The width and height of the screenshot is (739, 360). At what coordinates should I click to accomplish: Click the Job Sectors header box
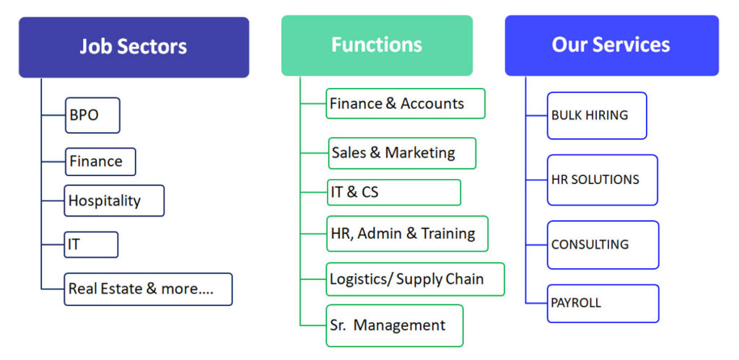[x=134, y=47]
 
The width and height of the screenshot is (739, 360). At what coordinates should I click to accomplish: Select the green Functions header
[x=377, y=45]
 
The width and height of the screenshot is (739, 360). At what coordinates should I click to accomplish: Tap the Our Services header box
[x=612, y=45]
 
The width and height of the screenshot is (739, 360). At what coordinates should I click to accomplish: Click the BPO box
[x=92, y=115]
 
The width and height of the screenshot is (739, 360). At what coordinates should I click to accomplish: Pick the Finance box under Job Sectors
[x=100, y=162]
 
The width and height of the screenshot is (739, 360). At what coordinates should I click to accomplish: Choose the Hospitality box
[x=114, y=201]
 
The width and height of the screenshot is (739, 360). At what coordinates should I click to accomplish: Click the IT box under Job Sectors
[x=91, y=245]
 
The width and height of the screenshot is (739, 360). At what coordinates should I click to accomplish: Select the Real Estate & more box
[x=148, y=289]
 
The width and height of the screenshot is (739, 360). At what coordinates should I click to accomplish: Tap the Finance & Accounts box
[x=406, y=104]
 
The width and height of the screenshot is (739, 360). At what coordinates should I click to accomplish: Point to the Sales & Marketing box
[x=402, y=153]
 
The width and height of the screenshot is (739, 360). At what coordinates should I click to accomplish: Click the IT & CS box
[x=394, y=192]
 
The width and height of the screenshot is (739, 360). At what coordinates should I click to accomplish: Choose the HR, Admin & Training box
[x=407, y=234]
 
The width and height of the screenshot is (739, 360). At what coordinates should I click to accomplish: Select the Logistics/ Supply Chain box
[x=415, y=279]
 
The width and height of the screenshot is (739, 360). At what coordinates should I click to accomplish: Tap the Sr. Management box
[x=395, y=325]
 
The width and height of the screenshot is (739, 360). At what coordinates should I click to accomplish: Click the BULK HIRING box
[x=597, y=115]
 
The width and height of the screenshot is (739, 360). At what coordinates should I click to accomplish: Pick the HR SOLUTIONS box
[x=603, y=180]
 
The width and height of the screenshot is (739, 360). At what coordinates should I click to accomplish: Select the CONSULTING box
[x=603, y=245]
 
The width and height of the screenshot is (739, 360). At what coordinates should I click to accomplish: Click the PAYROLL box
[x=603, y=304]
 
